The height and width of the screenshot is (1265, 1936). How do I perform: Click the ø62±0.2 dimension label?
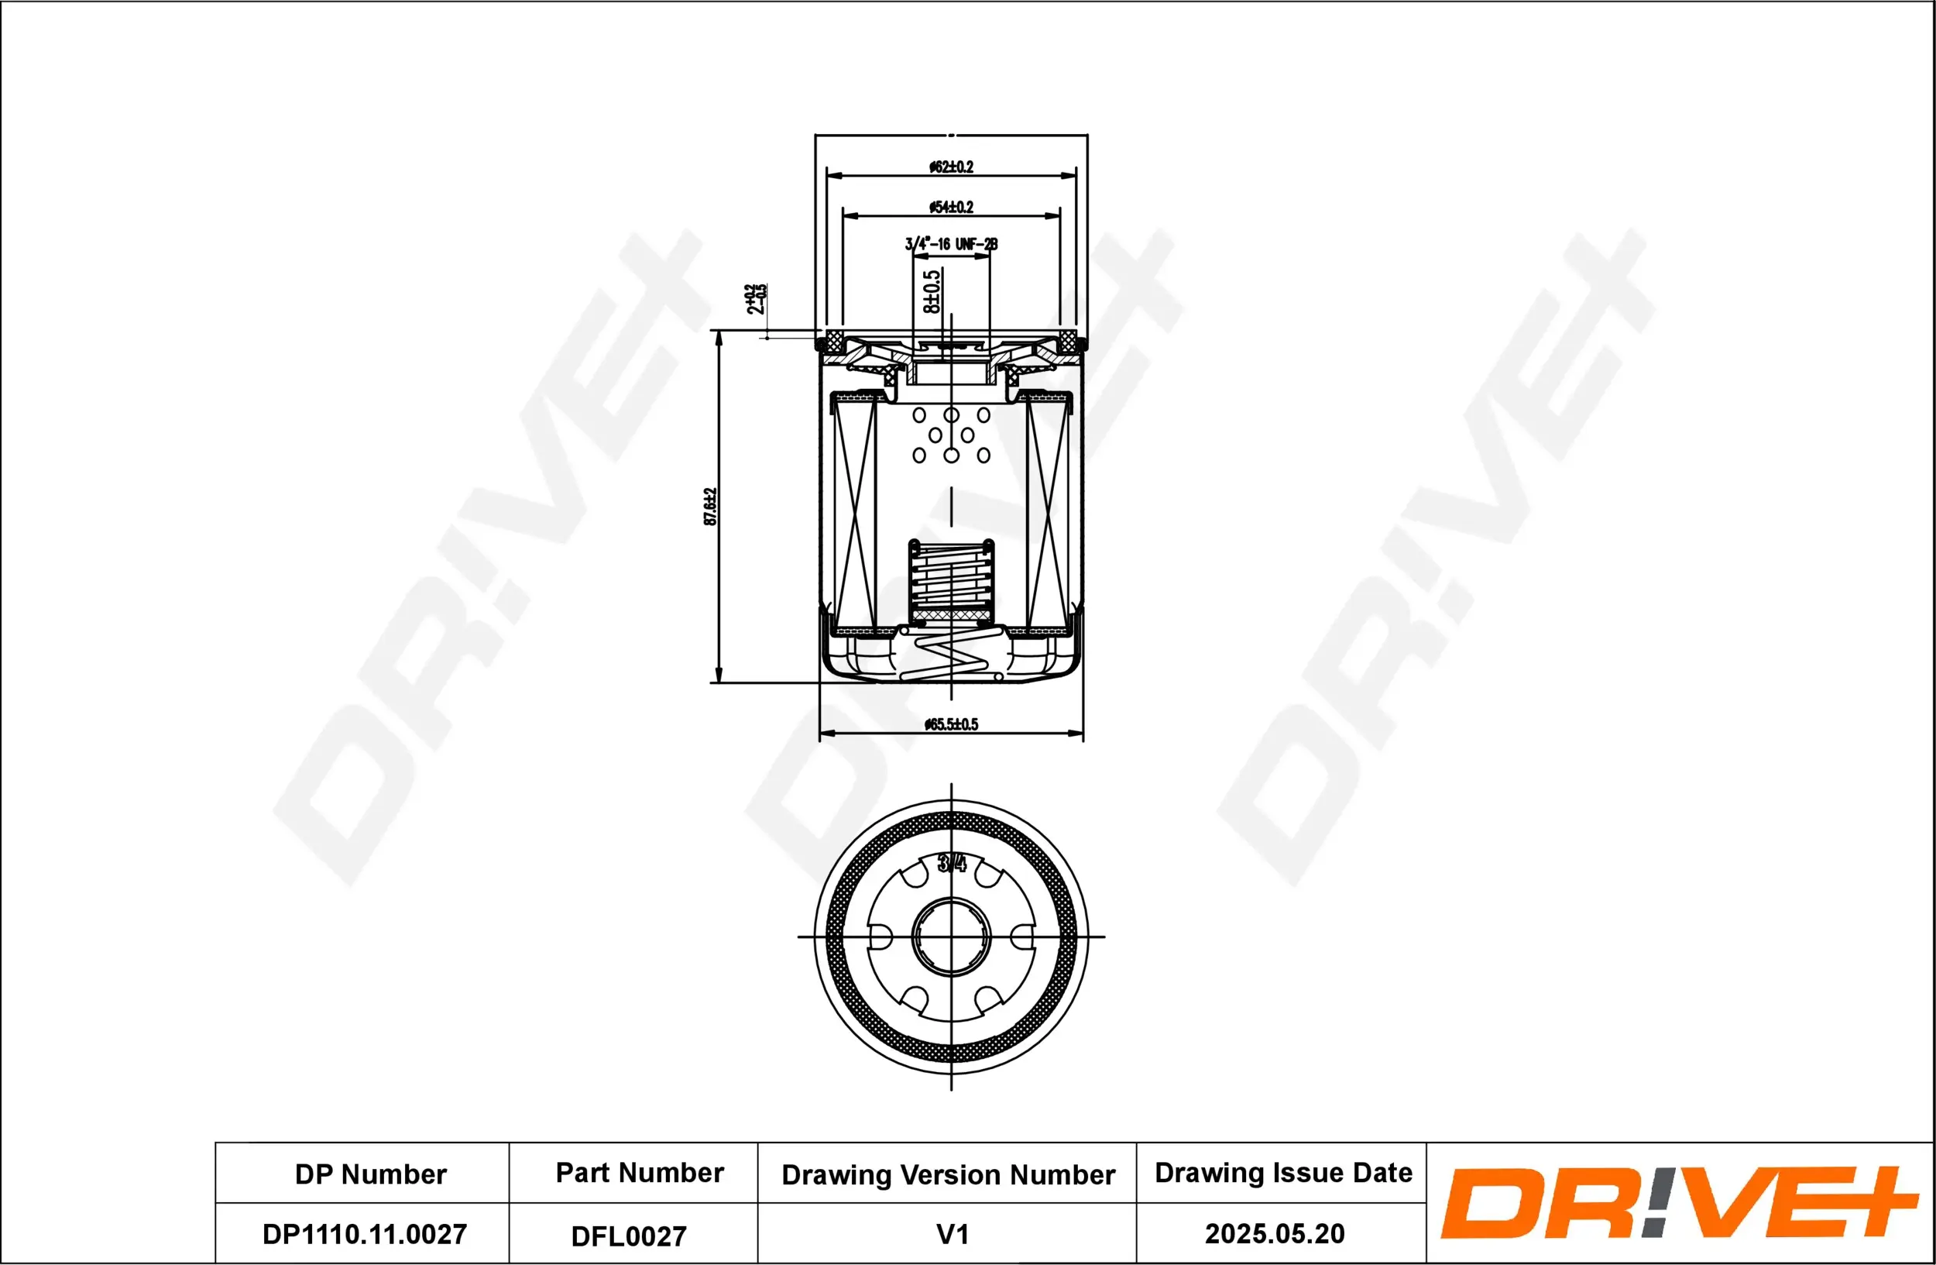[951, 167]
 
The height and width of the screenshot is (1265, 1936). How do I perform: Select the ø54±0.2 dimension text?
[951, 208]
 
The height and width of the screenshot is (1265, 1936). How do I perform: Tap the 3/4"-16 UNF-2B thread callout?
[951, 244]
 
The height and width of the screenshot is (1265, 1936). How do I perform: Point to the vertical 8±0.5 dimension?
[932, 291]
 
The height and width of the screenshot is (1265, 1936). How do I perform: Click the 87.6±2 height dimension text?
[710, 507]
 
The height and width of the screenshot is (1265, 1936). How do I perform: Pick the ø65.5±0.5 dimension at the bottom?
[951, 724]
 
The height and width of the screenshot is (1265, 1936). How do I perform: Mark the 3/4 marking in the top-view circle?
[952, 863]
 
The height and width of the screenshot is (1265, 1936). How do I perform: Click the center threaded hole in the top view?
[951, 937]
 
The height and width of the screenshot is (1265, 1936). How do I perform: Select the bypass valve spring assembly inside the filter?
[951, 583]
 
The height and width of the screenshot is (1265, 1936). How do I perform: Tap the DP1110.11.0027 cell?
[364, 1234]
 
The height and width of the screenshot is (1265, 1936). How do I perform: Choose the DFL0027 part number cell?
[628, 1236]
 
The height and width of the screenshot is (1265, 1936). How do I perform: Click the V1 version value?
[952, 1234]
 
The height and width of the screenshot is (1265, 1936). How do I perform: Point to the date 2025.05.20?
[1274, 1233]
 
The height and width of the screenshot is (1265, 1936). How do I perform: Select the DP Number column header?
[370, 1174]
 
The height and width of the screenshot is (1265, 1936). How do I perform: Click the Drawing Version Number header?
[948, 1174]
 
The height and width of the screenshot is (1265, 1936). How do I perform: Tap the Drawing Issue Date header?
[1283, 1172]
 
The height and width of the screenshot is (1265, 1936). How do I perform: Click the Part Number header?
[640, 1172]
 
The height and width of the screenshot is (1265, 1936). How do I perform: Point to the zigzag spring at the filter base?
[951, 656]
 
